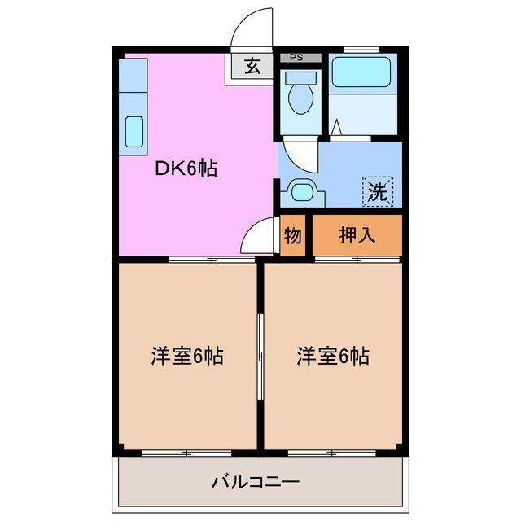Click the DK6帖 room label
[186, 169]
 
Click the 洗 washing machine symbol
[377, 192]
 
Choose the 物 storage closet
[293, 236]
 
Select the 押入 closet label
[357, 236]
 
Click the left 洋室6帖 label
[186, 356]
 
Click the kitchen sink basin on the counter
[134, 132]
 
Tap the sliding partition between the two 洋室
[260, 356]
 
